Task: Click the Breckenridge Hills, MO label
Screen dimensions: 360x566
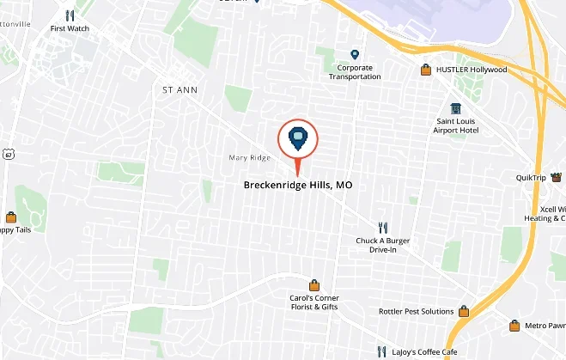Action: (297, 185)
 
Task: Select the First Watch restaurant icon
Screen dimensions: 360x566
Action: (70, 15)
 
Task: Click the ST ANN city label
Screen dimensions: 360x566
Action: (180, 88)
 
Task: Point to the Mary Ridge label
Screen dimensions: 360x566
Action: (250, 158)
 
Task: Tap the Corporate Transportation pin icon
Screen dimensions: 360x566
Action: (355, 54)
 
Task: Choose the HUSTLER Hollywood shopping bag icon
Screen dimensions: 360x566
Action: (425, 70)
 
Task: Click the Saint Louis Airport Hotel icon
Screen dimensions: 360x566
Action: (455, 108)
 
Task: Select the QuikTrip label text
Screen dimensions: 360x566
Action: (531, 178)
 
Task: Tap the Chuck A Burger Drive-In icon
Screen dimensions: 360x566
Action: (383, 228)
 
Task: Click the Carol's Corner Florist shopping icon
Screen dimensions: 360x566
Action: (315, 285)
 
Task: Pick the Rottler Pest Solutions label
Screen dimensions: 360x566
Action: (416, 311)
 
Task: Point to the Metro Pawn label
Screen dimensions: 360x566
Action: (545, 326)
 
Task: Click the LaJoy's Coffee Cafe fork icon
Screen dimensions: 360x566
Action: (382, 351)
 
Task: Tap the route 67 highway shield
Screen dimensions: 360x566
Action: (8, 154)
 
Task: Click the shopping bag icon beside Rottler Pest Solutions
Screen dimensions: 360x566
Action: (464, 311)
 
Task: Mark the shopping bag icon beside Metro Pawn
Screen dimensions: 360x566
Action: (514, 326)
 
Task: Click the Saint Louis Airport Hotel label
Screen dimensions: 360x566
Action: (455, 125)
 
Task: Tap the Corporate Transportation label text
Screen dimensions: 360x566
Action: (355, 71)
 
